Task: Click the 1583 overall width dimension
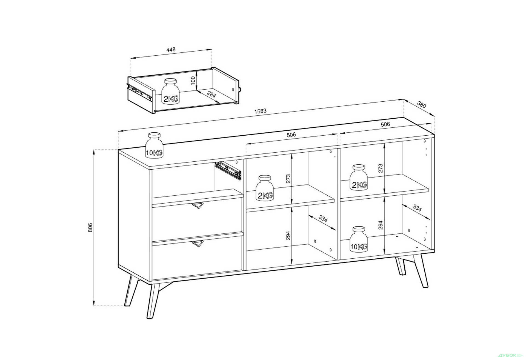(x=260, y=111)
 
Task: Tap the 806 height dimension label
(x=90, y=228)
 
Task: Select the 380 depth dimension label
(x=422, y=104)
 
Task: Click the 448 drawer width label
(x=171, y=50)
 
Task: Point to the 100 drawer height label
(x=193, y=80)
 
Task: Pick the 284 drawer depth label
(x=211, y=95)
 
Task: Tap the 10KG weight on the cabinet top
(x=154, y=145)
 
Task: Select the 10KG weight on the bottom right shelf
(x=359, y=239)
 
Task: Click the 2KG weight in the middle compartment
(x=265, y=188)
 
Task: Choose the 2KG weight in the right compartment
(x=359, y=177)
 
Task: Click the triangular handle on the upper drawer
(x=197, y=206)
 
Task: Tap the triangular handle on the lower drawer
(x=197, y=244)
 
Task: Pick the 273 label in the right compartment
(x=381, y=168)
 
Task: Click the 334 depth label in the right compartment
(x=417, y=208)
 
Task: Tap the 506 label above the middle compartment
(x=291, y=135)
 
